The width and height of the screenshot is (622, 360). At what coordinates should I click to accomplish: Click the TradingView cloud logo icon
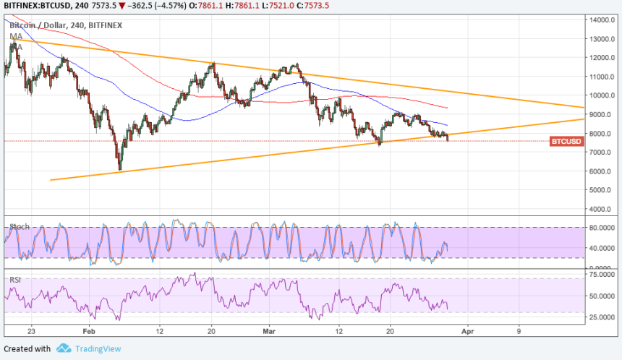64,348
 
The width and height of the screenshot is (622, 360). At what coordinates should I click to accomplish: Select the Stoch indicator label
20,227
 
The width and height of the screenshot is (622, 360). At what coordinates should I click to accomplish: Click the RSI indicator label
15,279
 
